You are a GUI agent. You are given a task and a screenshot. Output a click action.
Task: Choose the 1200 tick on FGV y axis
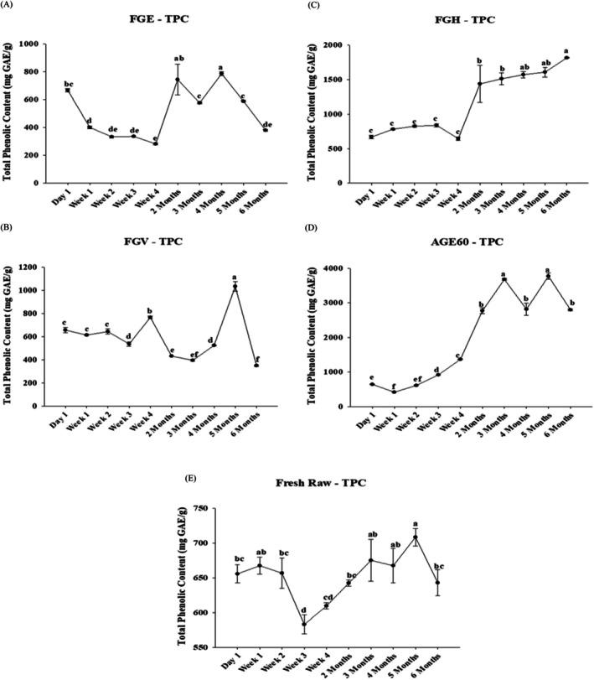(x=34, y=267)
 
